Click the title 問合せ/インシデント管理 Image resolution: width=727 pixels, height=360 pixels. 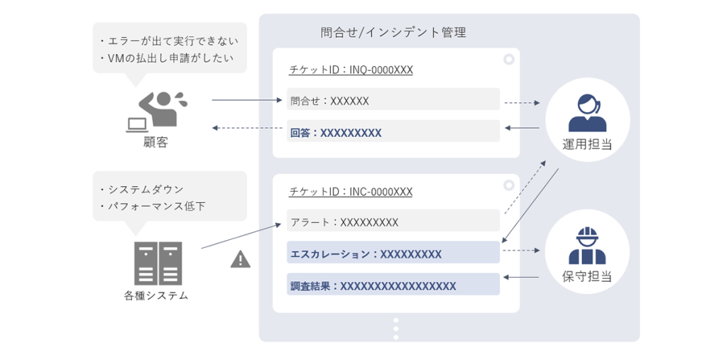393,33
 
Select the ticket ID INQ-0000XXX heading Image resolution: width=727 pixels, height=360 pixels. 351,70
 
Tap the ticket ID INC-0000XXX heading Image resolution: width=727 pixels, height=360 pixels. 351,192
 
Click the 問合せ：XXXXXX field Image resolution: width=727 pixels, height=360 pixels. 393,100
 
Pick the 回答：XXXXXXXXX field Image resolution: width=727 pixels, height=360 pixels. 393,132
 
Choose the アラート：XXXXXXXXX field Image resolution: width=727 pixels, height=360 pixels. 393,222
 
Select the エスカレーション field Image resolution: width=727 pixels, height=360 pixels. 393,253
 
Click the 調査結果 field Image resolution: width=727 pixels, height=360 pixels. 393,285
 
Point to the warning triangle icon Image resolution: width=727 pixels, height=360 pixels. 241,259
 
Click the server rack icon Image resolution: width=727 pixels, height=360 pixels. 158,263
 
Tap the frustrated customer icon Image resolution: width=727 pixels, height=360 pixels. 158,111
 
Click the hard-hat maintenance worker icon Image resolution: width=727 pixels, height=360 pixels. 587,246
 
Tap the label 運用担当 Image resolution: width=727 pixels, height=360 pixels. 587,144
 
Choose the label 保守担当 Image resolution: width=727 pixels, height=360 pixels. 587,276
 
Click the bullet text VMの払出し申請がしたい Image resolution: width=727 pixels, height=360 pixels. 170,58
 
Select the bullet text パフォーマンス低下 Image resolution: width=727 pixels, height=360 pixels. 158,206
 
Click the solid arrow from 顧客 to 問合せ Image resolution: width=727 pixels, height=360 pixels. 245,100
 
